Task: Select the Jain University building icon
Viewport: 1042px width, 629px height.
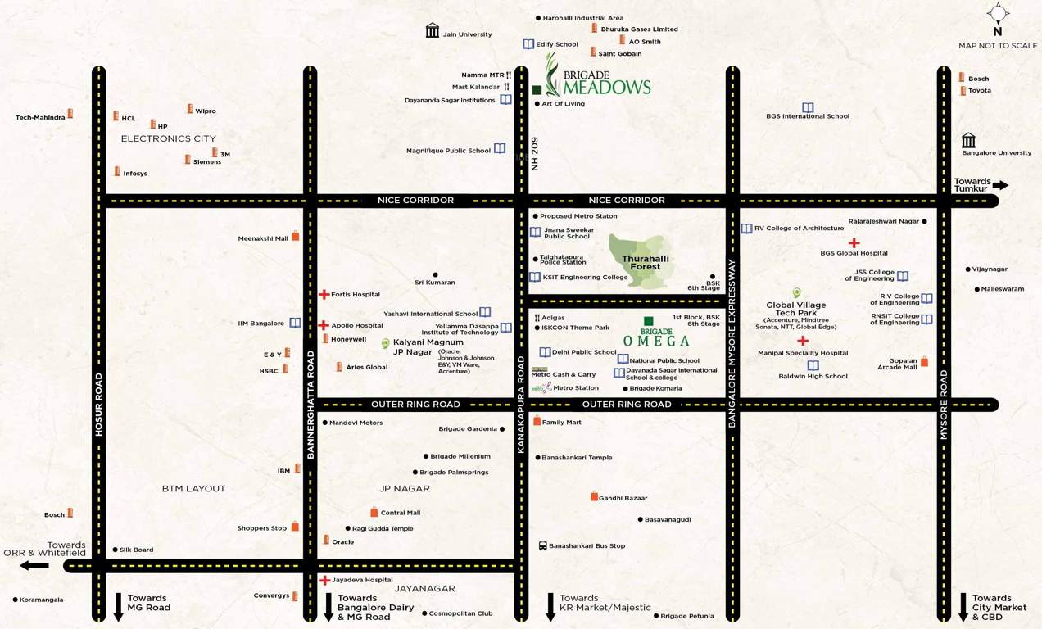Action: (x=433, y=31)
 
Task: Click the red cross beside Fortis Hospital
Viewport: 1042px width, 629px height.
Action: (x=324, y=294)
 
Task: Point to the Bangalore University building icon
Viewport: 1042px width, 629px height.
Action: (x=969, y=140)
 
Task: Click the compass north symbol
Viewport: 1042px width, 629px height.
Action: (x=998, y=13)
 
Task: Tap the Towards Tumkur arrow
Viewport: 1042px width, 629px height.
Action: (x=1000, y=185)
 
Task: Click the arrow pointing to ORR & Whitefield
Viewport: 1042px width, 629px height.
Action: (x=34, y=565)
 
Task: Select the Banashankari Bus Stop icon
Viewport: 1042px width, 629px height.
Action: (x=542, y=545)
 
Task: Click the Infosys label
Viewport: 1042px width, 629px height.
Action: (x=135, y=174)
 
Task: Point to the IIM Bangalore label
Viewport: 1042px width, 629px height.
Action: (x=260, y=324)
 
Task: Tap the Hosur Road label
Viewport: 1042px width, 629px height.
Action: (x=99, y=404)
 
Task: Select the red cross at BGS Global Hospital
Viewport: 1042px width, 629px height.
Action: (x=854, y=242)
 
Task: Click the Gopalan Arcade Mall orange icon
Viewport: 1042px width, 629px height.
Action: (x=925, y=361)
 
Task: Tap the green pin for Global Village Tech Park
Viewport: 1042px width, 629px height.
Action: (x=795, y=292)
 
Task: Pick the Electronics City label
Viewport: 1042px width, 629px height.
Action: (x=168, y=138)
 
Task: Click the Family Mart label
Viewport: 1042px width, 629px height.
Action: (x=561, y=423)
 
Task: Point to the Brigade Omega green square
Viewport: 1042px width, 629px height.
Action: (x=648, y=321)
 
